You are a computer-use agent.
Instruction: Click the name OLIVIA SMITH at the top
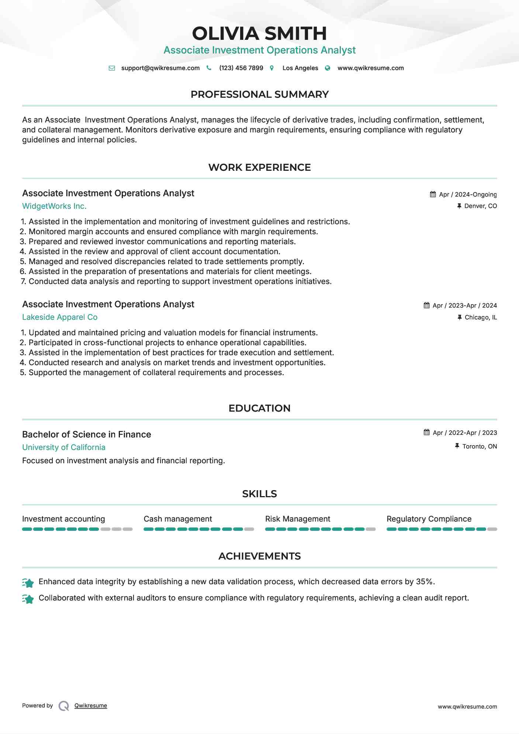[259, 34]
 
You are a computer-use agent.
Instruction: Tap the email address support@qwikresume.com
[160, 68]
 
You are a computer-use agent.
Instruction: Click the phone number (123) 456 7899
[241, 68]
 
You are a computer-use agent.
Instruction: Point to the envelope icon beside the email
[112, 68]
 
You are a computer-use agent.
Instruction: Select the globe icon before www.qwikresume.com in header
[328, 68]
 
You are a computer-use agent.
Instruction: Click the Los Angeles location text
[300, 68]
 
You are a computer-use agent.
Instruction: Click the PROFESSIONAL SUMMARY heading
[259, 94]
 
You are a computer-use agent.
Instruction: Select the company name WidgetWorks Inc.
[54, 206]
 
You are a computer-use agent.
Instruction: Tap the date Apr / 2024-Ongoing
[468, 194]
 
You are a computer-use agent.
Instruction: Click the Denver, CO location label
[480, 206]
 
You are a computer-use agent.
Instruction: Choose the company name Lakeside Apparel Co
[60, 317]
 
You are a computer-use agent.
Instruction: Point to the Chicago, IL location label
[481, 317]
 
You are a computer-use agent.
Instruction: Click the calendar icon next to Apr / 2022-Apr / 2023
[427, 432]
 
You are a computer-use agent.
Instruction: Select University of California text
[64, 447]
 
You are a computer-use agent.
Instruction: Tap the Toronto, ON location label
[480, 446]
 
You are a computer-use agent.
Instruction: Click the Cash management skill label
[178, 519]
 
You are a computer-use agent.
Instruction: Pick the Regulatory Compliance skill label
[429, 519]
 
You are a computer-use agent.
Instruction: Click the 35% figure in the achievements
[424, 582]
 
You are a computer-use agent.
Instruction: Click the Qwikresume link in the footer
[91, 706]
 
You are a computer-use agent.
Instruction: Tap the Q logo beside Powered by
[64, 706]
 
